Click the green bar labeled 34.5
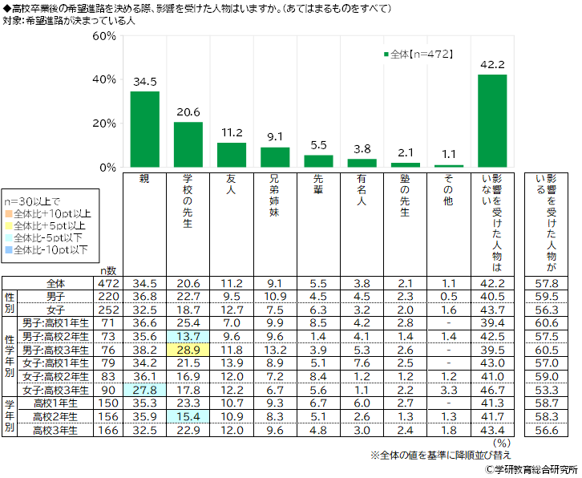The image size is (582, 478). pyautogui.click(x=144, y=128)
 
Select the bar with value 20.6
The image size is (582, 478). pyautogui.click(x=188, y=144)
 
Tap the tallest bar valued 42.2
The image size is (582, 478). pyautogui.click(x=491, y=120)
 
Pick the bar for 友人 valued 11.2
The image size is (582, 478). pyautogui.click(x=231, y=154)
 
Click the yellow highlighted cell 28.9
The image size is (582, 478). pyautogui.click(x=188, y=350)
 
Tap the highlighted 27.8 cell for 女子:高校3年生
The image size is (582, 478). pyautogui.click(x=144, y=390)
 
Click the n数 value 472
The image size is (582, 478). pyautogui.click(x=108, y=283)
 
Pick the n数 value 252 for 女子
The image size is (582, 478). pyautogui.click(x=108, y=310)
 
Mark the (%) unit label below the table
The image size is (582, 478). pyautogui.click(x=501, y=442)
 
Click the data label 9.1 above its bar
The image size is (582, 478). pyautogui.click(x=274, y=136)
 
